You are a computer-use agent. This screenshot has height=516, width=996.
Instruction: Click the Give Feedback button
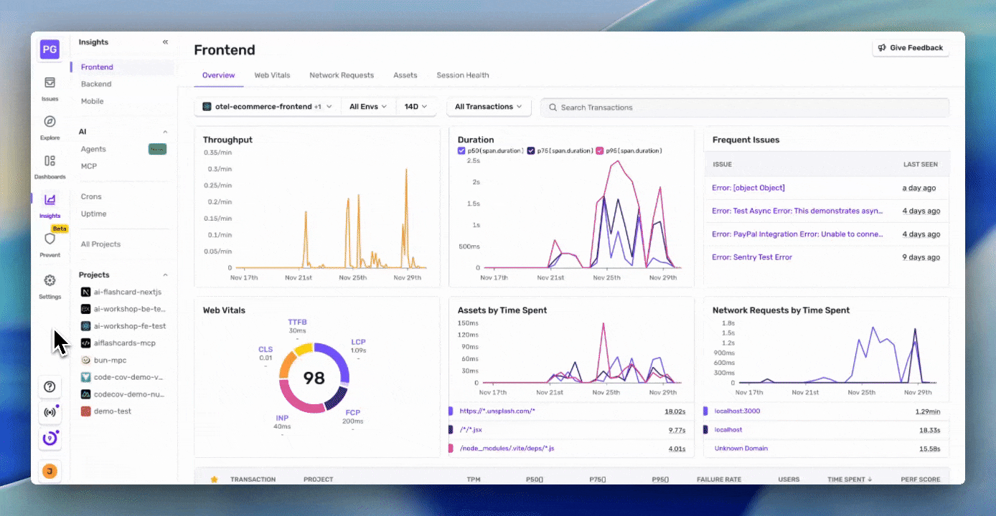click(x=911, y=48)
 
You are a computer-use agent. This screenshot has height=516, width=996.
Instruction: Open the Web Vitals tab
click(x=272, y=75)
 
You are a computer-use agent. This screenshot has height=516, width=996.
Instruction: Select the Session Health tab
click(x=462, y=75)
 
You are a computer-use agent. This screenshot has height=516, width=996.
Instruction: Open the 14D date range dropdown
click(x=415, y=107)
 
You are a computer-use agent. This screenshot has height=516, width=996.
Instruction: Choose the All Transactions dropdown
click(x=489, y=107)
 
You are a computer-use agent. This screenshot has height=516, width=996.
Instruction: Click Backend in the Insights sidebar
click(x=96, y=85)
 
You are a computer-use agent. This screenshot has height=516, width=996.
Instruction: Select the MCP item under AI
click(x=89, y=166)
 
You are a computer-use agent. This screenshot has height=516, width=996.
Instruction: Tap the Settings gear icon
click(x=50, y=281)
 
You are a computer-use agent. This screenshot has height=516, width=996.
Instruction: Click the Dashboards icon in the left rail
click(x=50, y=161)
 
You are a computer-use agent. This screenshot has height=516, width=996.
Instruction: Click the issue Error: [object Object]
click(x=748, y=188)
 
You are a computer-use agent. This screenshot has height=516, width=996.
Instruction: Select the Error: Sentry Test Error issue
click(x=751, y=257)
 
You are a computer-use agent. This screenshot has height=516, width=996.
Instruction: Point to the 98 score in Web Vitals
click(x=314, y=378)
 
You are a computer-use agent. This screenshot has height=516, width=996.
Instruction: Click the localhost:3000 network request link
click(x=737, y=411)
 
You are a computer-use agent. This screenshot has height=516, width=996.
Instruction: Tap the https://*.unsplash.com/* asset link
click(x=497, y=411)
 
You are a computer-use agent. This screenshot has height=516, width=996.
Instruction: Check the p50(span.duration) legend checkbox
click(x=461, y=151)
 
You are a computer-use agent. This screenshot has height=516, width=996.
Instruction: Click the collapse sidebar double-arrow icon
click(x=165, y=42)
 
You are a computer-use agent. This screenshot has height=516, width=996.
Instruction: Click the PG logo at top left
click(x=50, y=49)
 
